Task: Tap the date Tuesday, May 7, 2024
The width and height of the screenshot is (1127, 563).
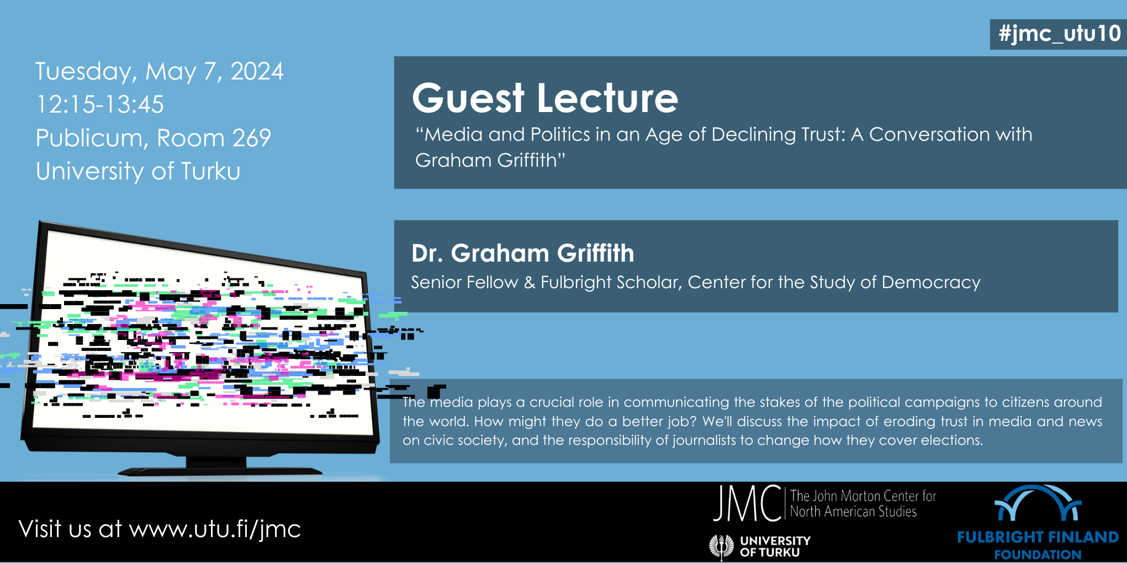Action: click(160, 72)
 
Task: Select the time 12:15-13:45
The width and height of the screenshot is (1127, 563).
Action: click(100, 104)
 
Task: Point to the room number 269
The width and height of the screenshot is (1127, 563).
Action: click(252, 137)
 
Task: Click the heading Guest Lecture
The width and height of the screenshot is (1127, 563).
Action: click(545, 98)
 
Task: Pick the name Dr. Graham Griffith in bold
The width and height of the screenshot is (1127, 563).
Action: click(522, 253)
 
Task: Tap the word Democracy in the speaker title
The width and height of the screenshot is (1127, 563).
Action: click(931, 283)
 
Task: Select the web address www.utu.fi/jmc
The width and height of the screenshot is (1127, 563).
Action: click(215, 529)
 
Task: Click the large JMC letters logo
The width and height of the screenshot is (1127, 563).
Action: click(747, 503)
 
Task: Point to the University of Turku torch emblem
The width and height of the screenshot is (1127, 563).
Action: click(721, 546)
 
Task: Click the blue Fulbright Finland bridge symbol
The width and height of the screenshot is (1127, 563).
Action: click(1038, 503)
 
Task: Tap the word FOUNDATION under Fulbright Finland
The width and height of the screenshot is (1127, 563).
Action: click(1038, 555)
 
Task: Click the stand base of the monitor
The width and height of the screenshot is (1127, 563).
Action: click(220, 470)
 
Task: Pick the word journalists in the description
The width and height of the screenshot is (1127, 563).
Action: click(705, 440)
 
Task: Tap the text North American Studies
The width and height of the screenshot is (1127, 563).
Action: click(853, 512)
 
